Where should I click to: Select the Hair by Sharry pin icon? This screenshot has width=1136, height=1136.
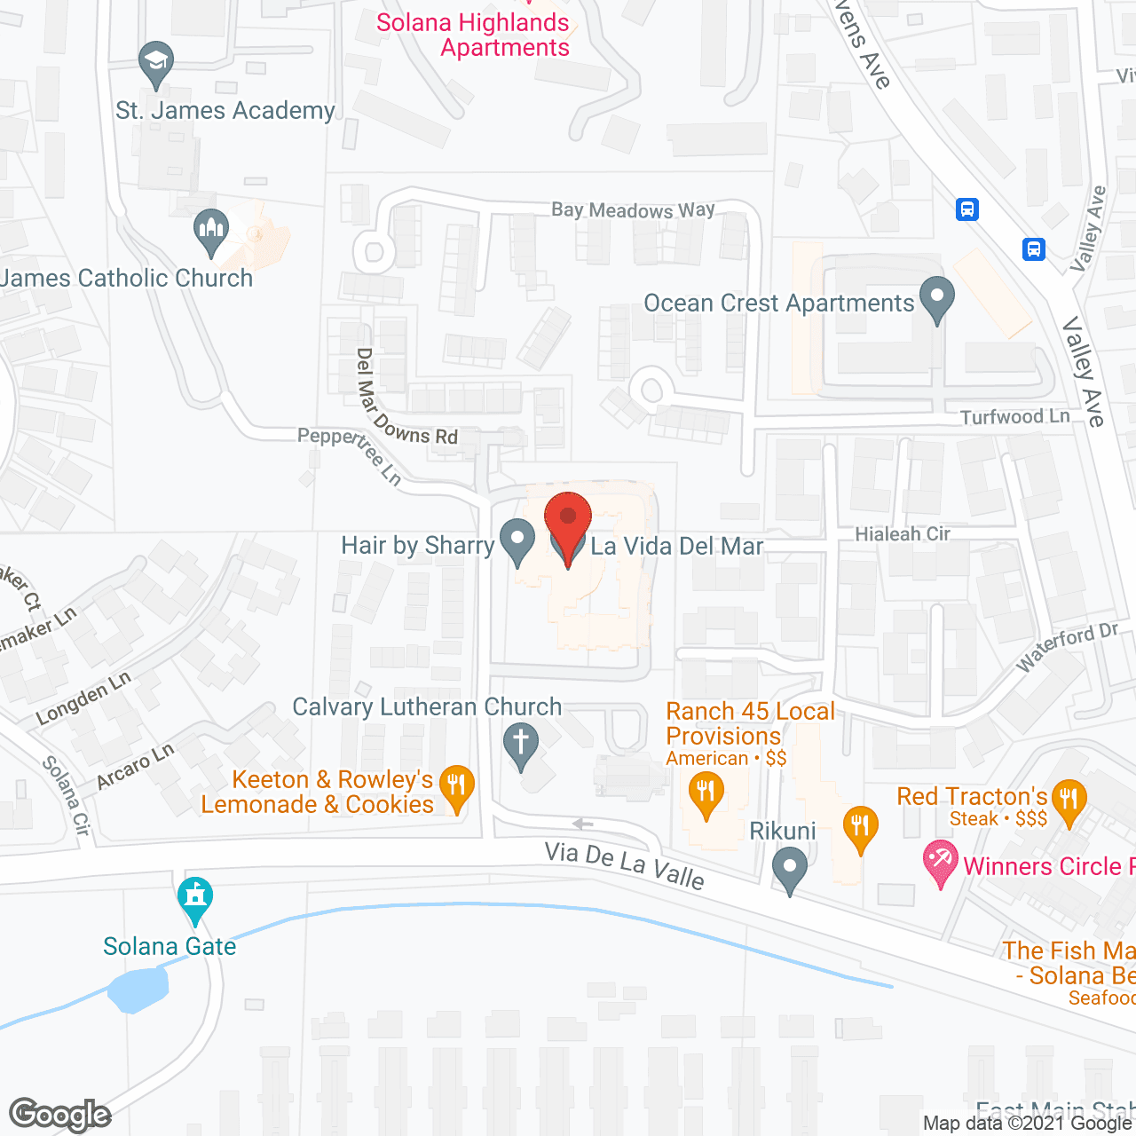tap(517, 540)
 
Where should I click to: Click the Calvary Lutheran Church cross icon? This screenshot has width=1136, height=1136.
tap(521, 744)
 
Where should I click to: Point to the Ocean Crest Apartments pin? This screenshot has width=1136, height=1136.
tap(936, 298)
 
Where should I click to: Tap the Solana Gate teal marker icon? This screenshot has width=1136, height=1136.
tap(195, 899)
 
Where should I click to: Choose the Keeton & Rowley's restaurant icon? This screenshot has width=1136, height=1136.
tap(456, 787)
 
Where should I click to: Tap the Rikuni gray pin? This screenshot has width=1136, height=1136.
tap(789, 869)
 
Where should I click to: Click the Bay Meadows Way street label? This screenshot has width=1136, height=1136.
tap(633, 210)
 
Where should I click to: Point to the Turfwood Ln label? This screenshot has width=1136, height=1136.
tap(1014, 416)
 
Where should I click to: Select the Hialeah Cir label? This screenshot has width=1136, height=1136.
tap(902, 533)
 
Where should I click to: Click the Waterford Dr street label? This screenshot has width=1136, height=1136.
tap(1066, 647)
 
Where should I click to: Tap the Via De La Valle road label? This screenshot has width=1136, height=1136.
tap(624, 864)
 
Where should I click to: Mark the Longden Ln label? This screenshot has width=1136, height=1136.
tap(83, 698)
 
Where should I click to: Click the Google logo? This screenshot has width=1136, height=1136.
tap(60, 1115)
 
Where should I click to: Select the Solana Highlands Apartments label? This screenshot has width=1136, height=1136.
tap(473, 35)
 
